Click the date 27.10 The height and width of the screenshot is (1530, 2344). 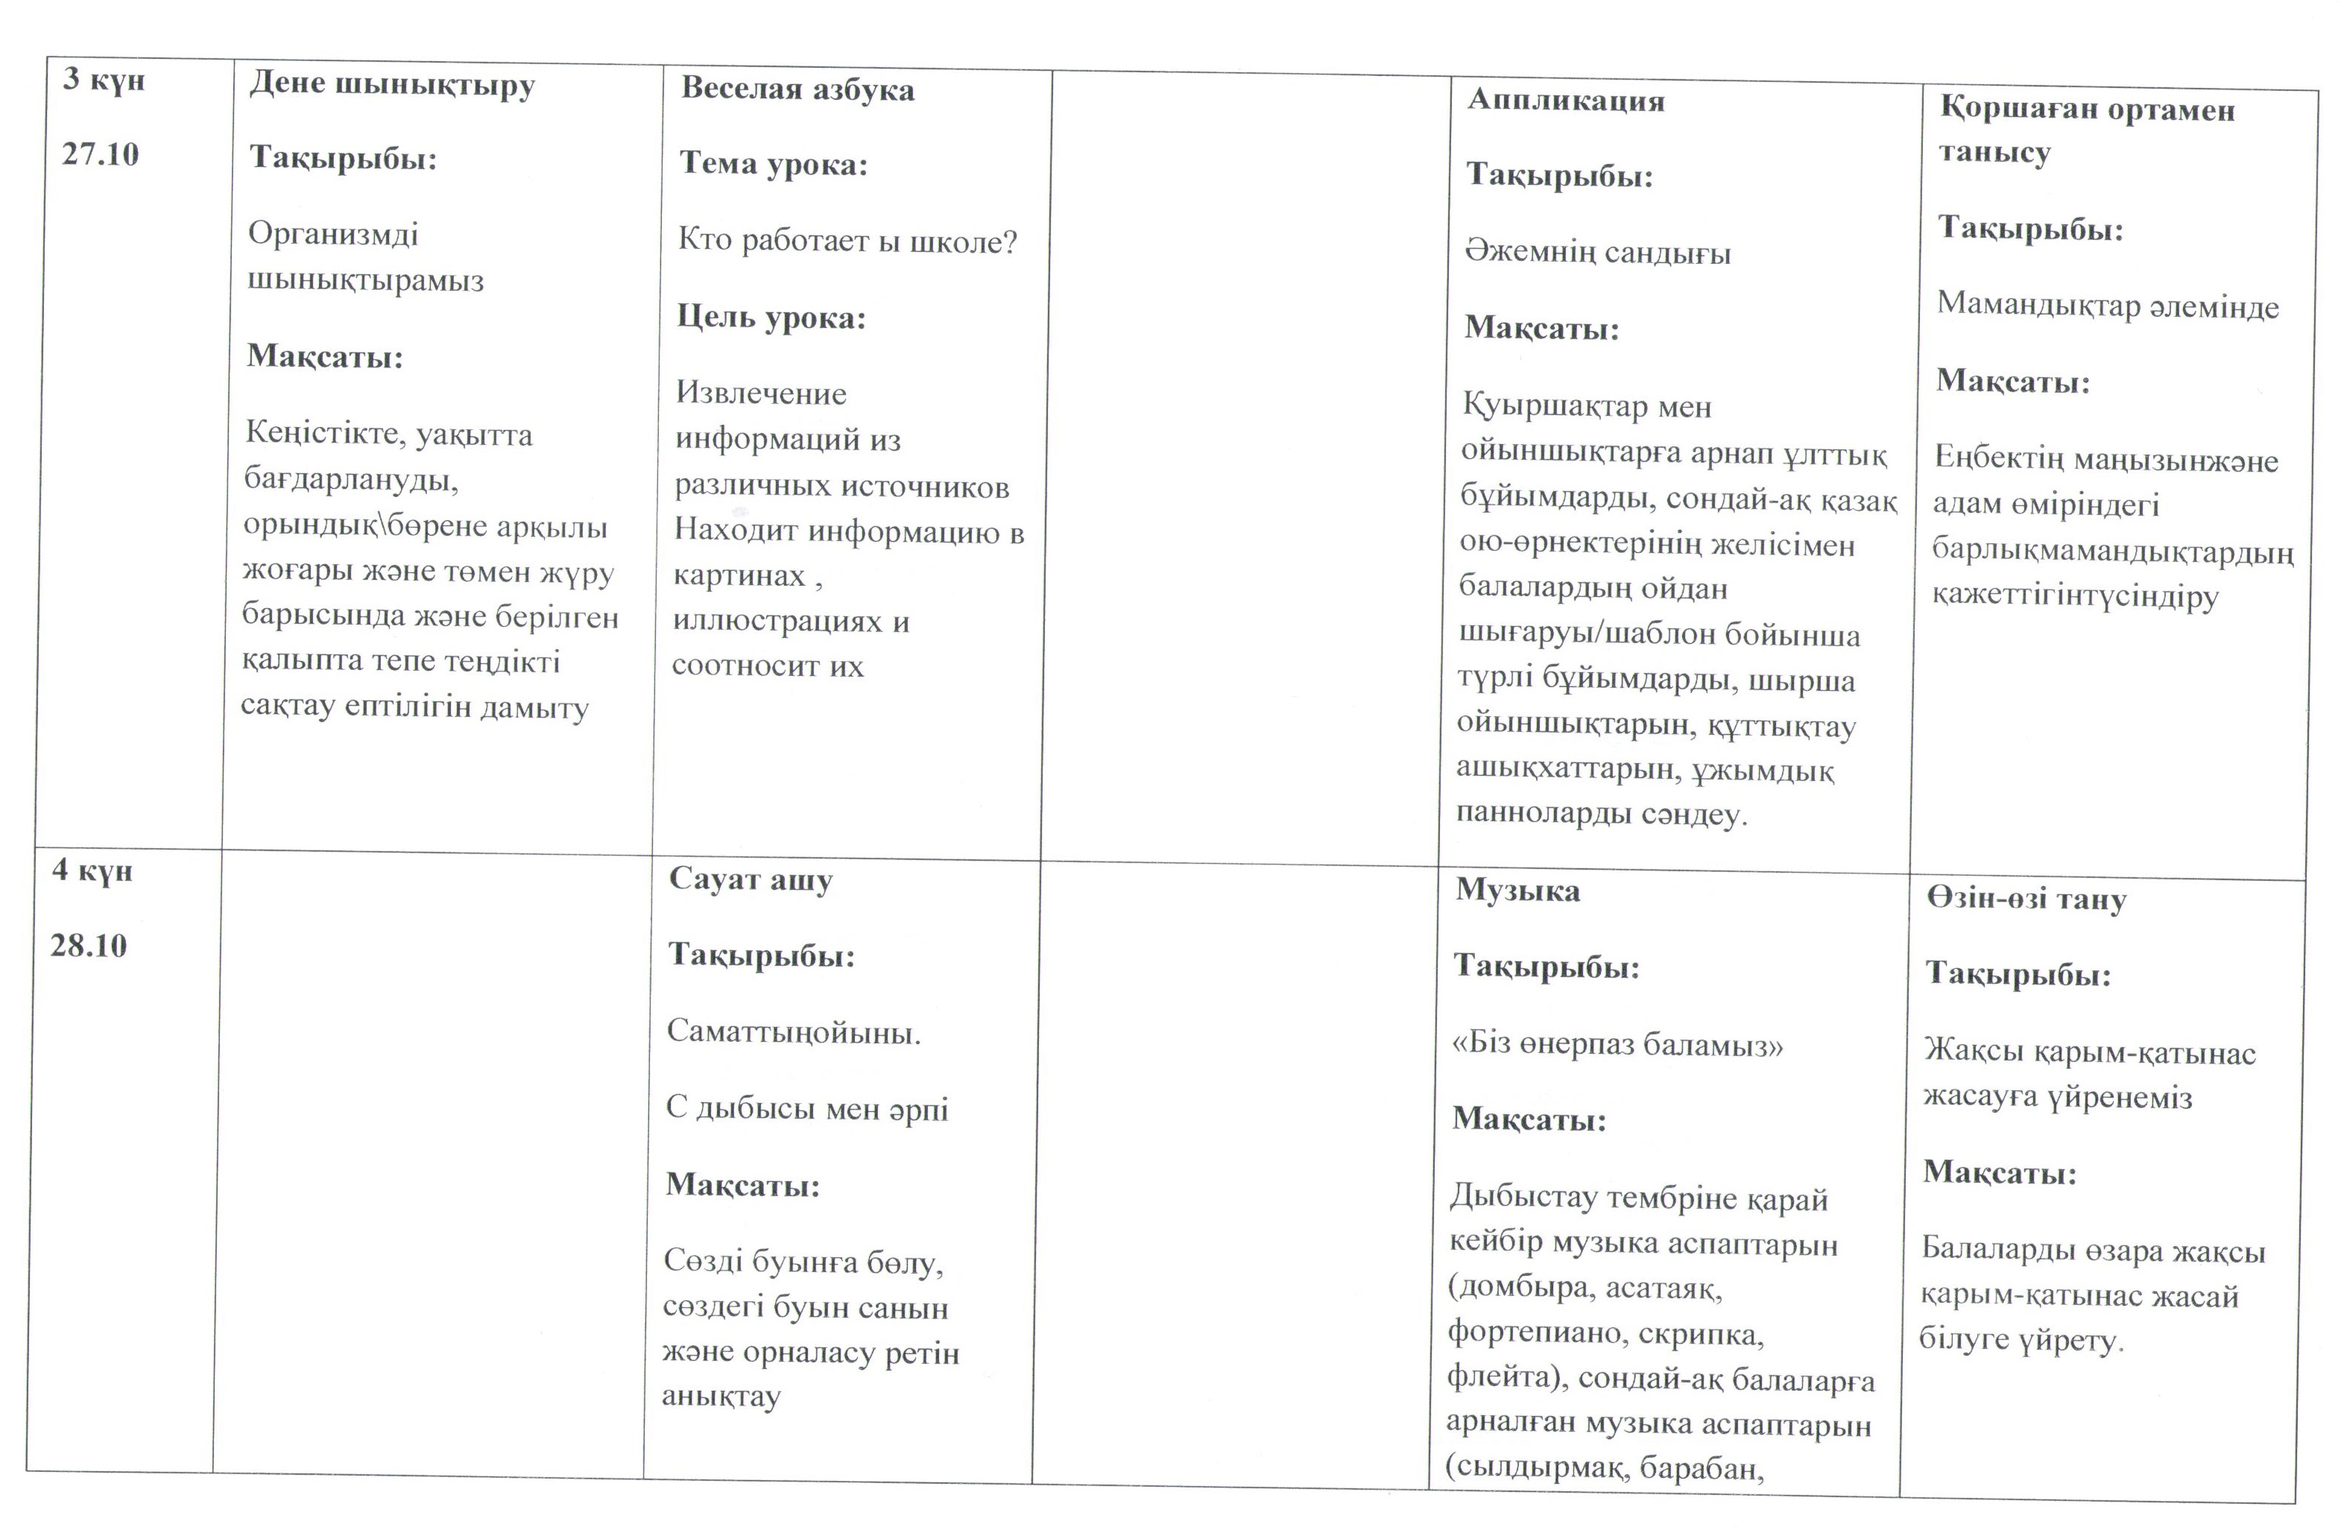pos(101,154)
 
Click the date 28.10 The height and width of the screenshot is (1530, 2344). pos(89,946)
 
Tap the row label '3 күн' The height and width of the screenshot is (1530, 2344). pos(104,80)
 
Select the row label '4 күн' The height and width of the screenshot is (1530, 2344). pos(92,871)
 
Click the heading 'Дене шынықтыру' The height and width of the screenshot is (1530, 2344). pos(392,85)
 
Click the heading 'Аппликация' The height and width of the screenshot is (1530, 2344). pos(1566,101)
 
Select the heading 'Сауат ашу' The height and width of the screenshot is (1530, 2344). pos(751,880)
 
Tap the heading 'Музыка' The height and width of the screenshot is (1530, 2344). pos(1517,891)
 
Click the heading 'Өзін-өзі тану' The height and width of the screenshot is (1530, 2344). pos(2027,899)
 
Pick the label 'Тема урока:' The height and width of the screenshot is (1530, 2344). pos(773,165)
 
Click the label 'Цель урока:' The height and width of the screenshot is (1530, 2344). pos(771,318)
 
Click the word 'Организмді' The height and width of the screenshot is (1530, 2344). pos(333,234)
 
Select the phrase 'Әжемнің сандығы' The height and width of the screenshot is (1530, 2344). pos(1597,253)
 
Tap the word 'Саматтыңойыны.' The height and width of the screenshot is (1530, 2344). pos(794,1033)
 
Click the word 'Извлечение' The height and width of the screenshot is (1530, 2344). pos(760,393)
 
